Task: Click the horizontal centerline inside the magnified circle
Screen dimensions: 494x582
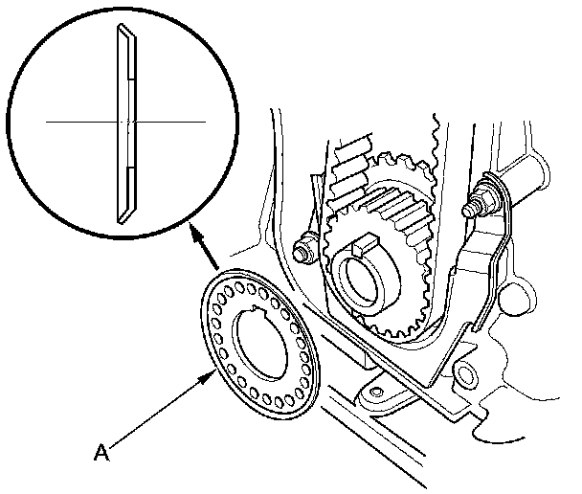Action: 77,123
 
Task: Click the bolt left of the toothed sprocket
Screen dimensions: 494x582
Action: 304,252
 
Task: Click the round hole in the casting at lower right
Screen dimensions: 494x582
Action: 466,371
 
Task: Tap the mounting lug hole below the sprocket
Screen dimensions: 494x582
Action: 376,392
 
